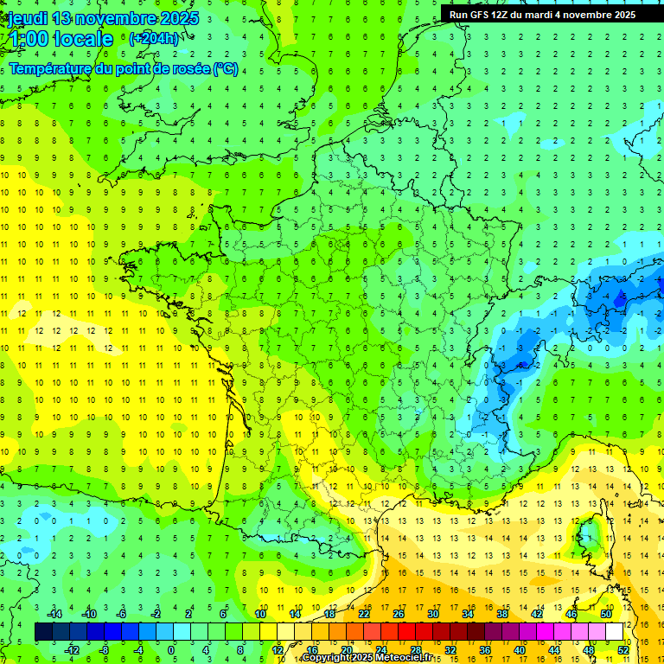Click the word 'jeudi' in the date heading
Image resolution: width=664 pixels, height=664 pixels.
[27, 18]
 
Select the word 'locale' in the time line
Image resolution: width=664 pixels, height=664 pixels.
[83, 39]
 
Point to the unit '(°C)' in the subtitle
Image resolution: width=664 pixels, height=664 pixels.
[225, 69]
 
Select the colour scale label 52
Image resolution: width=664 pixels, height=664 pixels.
[623, 649]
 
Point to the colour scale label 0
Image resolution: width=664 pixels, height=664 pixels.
[170, 649]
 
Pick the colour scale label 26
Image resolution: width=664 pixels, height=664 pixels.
[399, 614]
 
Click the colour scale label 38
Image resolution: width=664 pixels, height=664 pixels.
[502, 614]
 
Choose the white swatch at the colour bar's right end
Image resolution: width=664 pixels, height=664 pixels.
[614, 632]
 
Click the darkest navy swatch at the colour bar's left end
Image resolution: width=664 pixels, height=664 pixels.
[43, 632]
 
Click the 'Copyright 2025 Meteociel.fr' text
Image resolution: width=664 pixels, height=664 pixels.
[367, 658]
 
